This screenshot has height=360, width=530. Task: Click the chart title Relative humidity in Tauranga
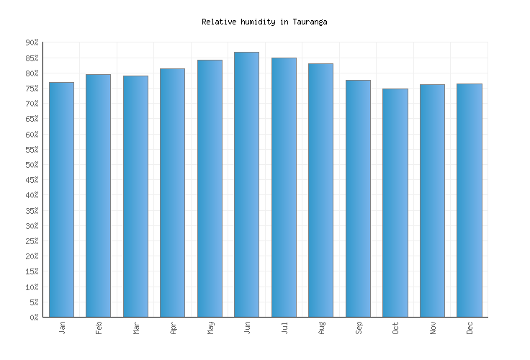tap(264, 22)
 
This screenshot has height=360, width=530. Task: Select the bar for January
tap(61, 199)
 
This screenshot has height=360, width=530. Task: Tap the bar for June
tap(246, 184)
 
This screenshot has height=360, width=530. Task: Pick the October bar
tap(395, 202)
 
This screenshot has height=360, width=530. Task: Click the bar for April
tap(172, 192)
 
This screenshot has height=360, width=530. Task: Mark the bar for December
tap(469, 200)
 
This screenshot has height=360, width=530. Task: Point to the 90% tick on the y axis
tap(32, 43)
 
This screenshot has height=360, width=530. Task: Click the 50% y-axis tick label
tap(32, 165)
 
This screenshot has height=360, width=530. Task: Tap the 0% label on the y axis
tap(34, 318)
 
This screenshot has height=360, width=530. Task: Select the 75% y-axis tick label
tap(32, 89)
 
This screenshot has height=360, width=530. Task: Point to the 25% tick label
tap(32, 241)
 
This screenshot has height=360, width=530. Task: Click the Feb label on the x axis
tap(99, 328)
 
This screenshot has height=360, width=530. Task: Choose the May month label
tap(210, 328)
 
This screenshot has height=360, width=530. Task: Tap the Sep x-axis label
tap(358, 328)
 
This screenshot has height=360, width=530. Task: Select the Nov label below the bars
tap(432, 328)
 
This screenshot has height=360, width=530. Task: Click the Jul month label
tap(284, 328)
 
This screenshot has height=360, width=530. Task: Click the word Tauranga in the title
tap(310, 22)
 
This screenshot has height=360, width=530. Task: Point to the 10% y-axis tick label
tap(32, 287)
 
